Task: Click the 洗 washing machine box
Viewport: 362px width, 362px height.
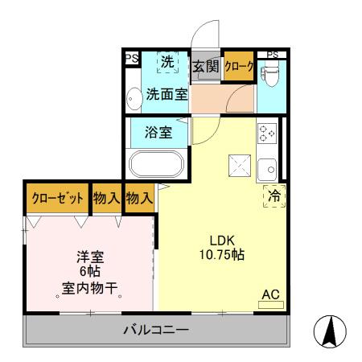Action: tap(167, 62)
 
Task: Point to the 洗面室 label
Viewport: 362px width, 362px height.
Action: tap(167, 93)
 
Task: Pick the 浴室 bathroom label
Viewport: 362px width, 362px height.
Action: tap(158, 133)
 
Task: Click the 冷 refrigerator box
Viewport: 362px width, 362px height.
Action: tap(274, 195)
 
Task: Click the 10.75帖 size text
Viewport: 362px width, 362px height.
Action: tap(218, 255)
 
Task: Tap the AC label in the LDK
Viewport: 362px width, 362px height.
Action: tap(271, 295)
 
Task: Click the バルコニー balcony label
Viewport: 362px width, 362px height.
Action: tap(156, 329)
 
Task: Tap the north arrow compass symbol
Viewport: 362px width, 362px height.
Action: tap(328, 331)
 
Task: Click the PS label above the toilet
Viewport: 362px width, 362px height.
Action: tap(273, 55)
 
